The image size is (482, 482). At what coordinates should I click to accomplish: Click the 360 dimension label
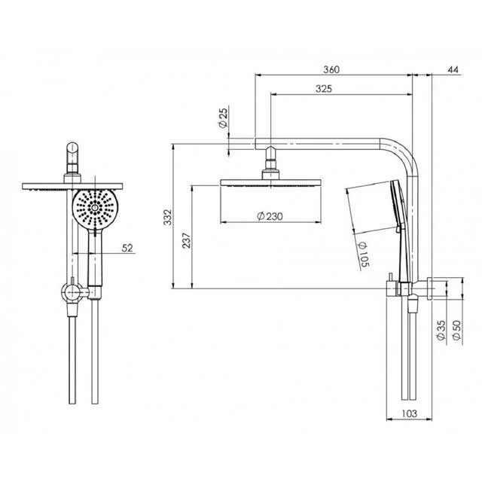[x=331, y=69]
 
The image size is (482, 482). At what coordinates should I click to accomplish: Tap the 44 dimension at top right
[x=453, y=69]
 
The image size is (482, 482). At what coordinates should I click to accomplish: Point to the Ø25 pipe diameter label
[x=224, y=119]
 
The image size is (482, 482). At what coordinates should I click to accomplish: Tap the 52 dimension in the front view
[x=126, y=248]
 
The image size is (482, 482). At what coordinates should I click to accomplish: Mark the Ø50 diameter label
[x=457, y=331]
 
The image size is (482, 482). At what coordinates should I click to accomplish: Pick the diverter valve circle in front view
[x=71, y=291]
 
